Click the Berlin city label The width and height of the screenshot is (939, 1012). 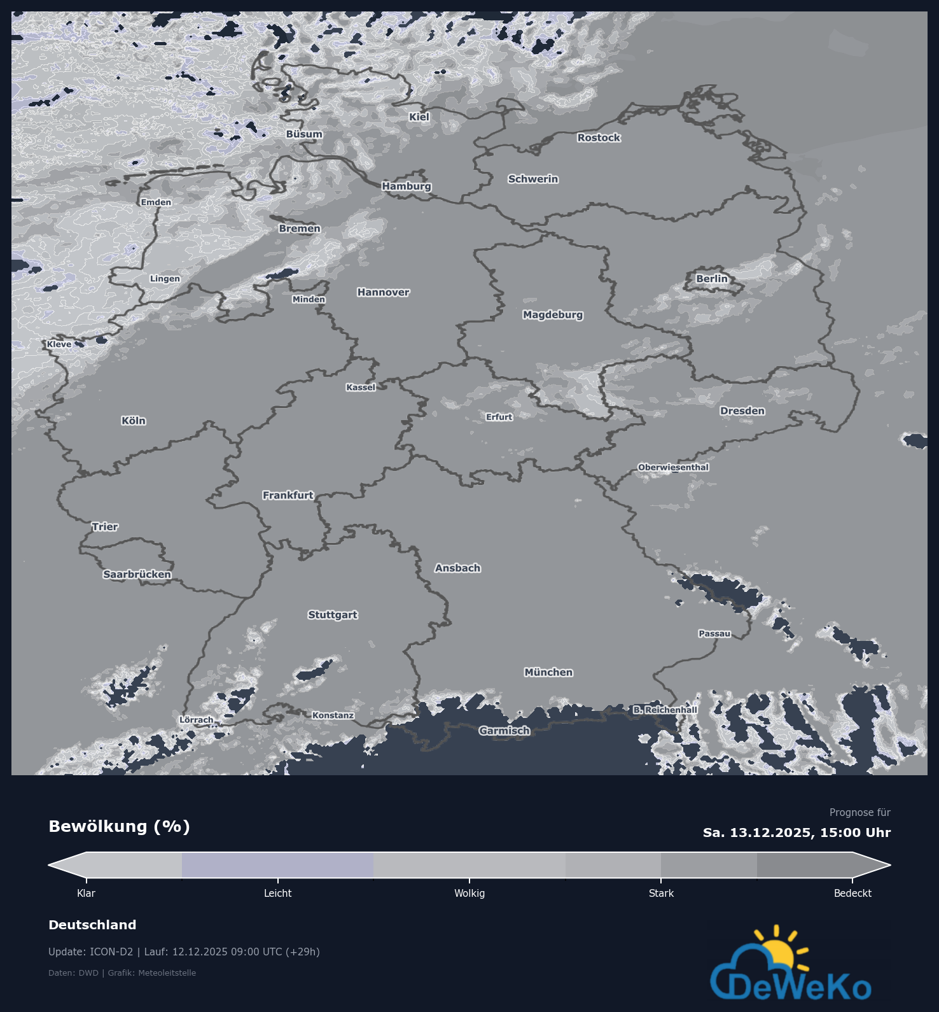click(x=711, y=279)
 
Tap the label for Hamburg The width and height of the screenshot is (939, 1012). click(x=407, y=186)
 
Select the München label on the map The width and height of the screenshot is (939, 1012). click(x=548, y=672)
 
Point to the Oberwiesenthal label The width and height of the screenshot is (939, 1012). click(x=673, y=467)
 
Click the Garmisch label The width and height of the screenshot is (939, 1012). click(x=504, y=731)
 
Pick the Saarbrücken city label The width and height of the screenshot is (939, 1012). click(x=137, y=574)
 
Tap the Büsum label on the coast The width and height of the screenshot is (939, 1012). click(x=304, y=134)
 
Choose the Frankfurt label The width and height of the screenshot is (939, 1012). click(x=288, y=495)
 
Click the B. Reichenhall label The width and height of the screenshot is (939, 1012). click(x=665, y=710)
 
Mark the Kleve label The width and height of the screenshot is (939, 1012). click(x=59, y=344)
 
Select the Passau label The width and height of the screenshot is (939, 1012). click(x=714, y=633)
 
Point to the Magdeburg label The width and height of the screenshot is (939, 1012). click(x=553, y=314)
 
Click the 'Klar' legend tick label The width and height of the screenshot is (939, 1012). click(x=86, y=893)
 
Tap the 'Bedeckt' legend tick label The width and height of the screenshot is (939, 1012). click(x=852, y=893)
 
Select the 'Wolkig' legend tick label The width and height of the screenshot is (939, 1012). click(x=470, y=893)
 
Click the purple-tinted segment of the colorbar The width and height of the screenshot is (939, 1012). click(x=277, y=865)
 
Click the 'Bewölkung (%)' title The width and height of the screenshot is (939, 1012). click(x=119, y=826)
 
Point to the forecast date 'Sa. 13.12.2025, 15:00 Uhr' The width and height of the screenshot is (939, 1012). click(x=796, y=833)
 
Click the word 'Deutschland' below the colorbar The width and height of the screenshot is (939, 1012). click(x=92, y=925)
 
